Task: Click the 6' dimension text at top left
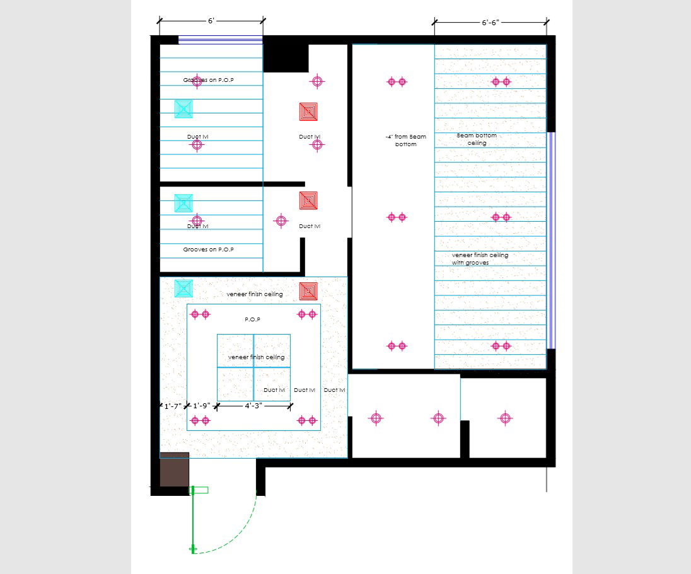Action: tap(211, 21)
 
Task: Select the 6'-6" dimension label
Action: tap(490, 23)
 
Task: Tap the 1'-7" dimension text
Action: tap(173, 406)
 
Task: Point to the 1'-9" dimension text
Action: tap(202, 406)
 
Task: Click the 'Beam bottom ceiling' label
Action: tap(477, 139)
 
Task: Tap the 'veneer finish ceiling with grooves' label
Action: tap(480, 258)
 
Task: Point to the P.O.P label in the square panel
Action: tap(253, 319)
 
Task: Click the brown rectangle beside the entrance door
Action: tap(174, 469)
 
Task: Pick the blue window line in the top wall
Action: tap(220, 40)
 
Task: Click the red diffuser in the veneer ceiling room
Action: tap(308, 291)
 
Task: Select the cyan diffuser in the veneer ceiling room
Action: tap(183, 289)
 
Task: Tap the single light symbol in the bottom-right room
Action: tap(504, 418)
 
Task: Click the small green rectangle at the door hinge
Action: tap(200, 490)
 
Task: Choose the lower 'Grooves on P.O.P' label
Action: tap(209, 250)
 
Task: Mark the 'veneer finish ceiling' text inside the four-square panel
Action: tap(256, 357)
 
